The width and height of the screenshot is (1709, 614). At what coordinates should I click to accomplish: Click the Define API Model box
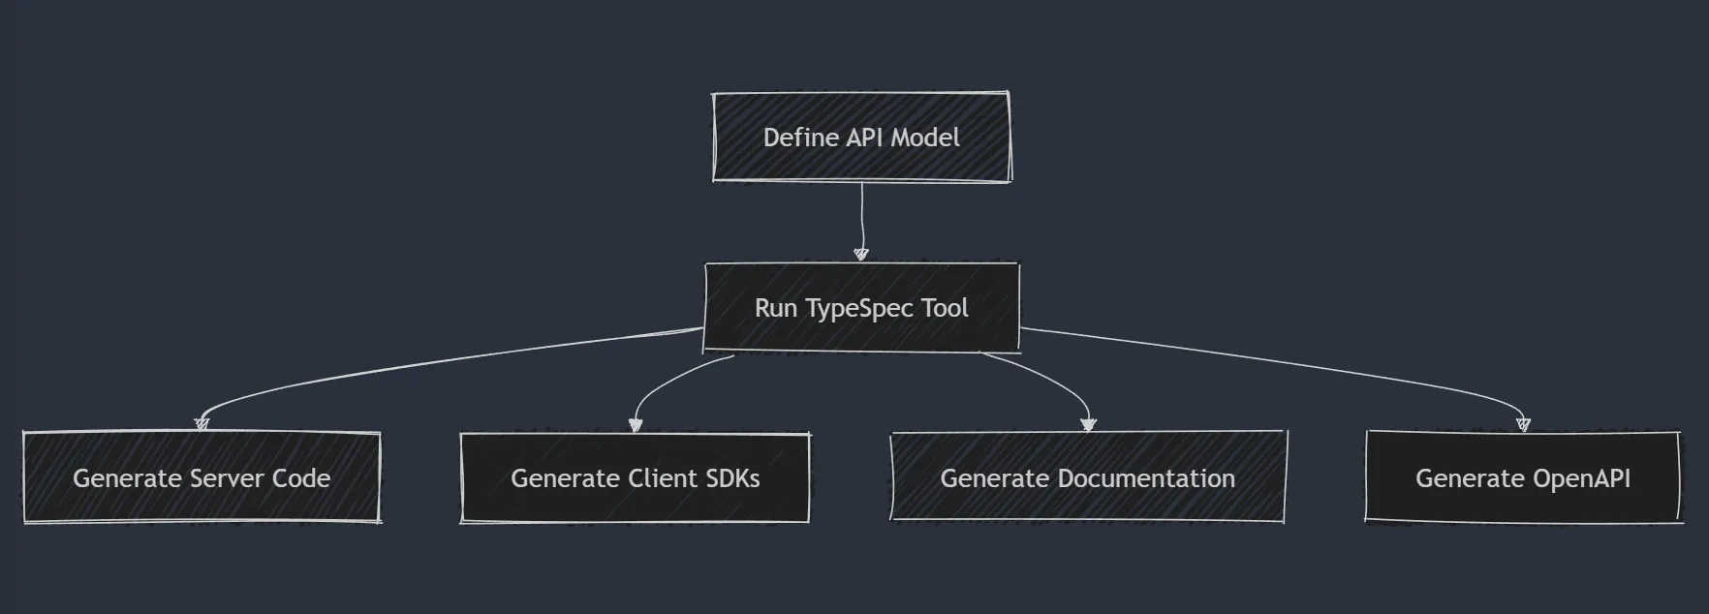coord(861,138)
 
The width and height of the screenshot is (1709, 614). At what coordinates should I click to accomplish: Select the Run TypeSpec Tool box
coord(861,308)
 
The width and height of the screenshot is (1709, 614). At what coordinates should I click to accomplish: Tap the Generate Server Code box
coord(202,478)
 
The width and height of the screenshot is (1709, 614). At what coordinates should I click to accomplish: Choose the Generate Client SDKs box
coord(635,478)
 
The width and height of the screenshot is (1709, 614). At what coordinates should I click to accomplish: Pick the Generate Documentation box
coord(1087,478)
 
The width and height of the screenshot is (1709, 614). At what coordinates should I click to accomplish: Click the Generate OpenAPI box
coord(1522,478)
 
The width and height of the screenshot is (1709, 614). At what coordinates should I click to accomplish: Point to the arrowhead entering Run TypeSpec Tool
coord(861,254)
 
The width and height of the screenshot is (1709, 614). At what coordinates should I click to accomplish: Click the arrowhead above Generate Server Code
coord(202,423)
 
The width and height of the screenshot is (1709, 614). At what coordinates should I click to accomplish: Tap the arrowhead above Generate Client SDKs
coord(636,424)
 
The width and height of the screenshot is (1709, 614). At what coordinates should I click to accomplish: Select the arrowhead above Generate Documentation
coord(1088,424)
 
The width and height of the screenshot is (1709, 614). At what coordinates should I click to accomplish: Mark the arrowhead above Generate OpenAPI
coord(1523,423)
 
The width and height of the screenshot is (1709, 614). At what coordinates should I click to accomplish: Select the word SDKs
coord(732,478)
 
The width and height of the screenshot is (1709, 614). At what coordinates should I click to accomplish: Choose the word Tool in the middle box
coord(945,308)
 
